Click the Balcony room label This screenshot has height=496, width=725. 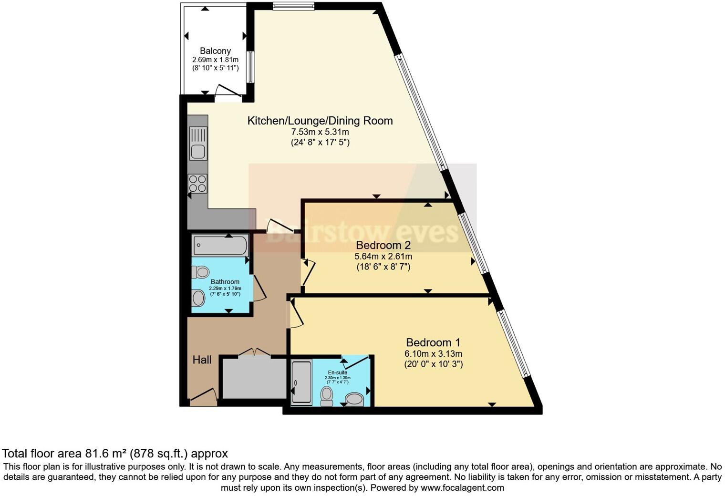[215, 51]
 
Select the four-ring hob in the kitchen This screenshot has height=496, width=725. [198, 184]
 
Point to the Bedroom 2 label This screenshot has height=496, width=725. [383, 245]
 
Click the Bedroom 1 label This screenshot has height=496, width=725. [433, 342]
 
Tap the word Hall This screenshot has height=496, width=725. [202, 360]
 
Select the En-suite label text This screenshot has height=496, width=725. [337, 372]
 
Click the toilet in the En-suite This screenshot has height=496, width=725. [327, 395]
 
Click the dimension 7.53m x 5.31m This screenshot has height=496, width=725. [320, 132]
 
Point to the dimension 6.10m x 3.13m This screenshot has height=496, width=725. [433, 354]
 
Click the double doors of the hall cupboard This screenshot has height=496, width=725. [254, 352]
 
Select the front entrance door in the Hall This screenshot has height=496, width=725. [203, 396]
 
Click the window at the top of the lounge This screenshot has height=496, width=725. [293, 6]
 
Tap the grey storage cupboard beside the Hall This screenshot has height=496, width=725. [254, 378]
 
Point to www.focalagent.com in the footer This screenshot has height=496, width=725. [462, 488]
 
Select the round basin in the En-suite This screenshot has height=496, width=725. [354, 398]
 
